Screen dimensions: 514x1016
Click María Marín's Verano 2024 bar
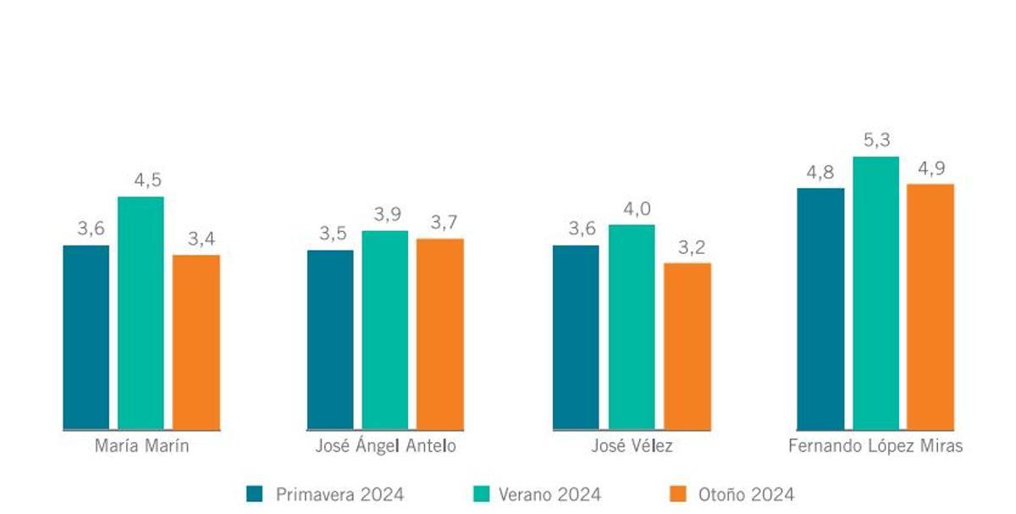pyautogui.click(x=141, y=313)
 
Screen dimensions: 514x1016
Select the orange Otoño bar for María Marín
pyautogui.click(x=196, y=342)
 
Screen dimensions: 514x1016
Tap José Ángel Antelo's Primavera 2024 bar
pyautogui.click(x=330, y=340)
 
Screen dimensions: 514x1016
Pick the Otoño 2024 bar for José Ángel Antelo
pyautogui.click(x=440, y=334)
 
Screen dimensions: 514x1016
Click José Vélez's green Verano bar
pyautogui.click(x=632, y=327)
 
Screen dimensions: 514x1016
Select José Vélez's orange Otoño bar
pyautogui.click(x=687, y=346)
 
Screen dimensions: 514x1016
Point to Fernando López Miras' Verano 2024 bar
pyautogui.click(x=875, y=293)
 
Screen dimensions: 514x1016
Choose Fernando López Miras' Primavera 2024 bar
pyautogui.click(x=820, y=309)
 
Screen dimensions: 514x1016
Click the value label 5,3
pyautogui.click(x=876, y=141)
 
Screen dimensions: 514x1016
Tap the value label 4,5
pyautogui.click(x=141, y=180)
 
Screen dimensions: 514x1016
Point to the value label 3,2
pyautogui.click(x=687, y=247)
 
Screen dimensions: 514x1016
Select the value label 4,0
pyautogui.click(x=632, y=209)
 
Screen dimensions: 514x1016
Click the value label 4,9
pyautogui.click(x=931, y=169)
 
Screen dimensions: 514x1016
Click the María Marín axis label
pyautogui.click(x=141, y=447)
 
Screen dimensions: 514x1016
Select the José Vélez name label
pyautogui.click(x=632, y=447)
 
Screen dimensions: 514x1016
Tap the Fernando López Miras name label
pyautogui.click(x=875, y=447)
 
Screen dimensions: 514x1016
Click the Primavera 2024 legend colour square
pyautogui.click(x=254, y=494)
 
